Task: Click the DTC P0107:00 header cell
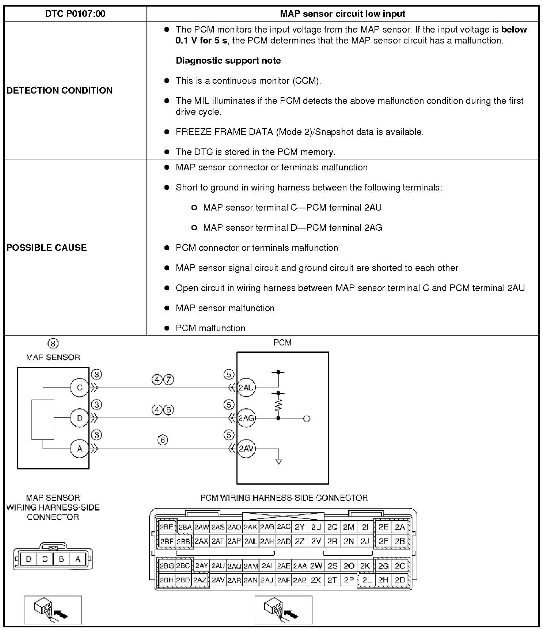[75, 14]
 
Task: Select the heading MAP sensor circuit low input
[342, 14]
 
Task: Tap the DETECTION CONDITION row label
[60, 90]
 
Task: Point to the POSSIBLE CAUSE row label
[47, 248]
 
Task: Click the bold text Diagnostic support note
[228, 61]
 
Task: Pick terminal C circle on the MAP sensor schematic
[80, 388]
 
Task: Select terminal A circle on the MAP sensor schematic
[80, 449]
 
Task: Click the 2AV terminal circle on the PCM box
[246, 449]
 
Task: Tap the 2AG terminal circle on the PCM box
[246, 418]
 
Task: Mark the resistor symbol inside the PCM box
[278, 405]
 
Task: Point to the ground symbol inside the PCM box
[278, 462]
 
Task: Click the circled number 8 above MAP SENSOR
[53, 344]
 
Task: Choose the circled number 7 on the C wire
[168, 380]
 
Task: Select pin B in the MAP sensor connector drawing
[61, 559]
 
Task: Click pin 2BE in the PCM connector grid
[167, 527]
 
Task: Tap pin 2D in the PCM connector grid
[400, 580]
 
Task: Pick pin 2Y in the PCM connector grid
[300, 527]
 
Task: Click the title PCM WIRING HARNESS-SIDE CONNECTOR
[284, 498]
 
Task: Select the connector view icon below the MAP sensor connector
[53, 609]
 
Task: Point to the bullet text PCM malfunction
[210, 328]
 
